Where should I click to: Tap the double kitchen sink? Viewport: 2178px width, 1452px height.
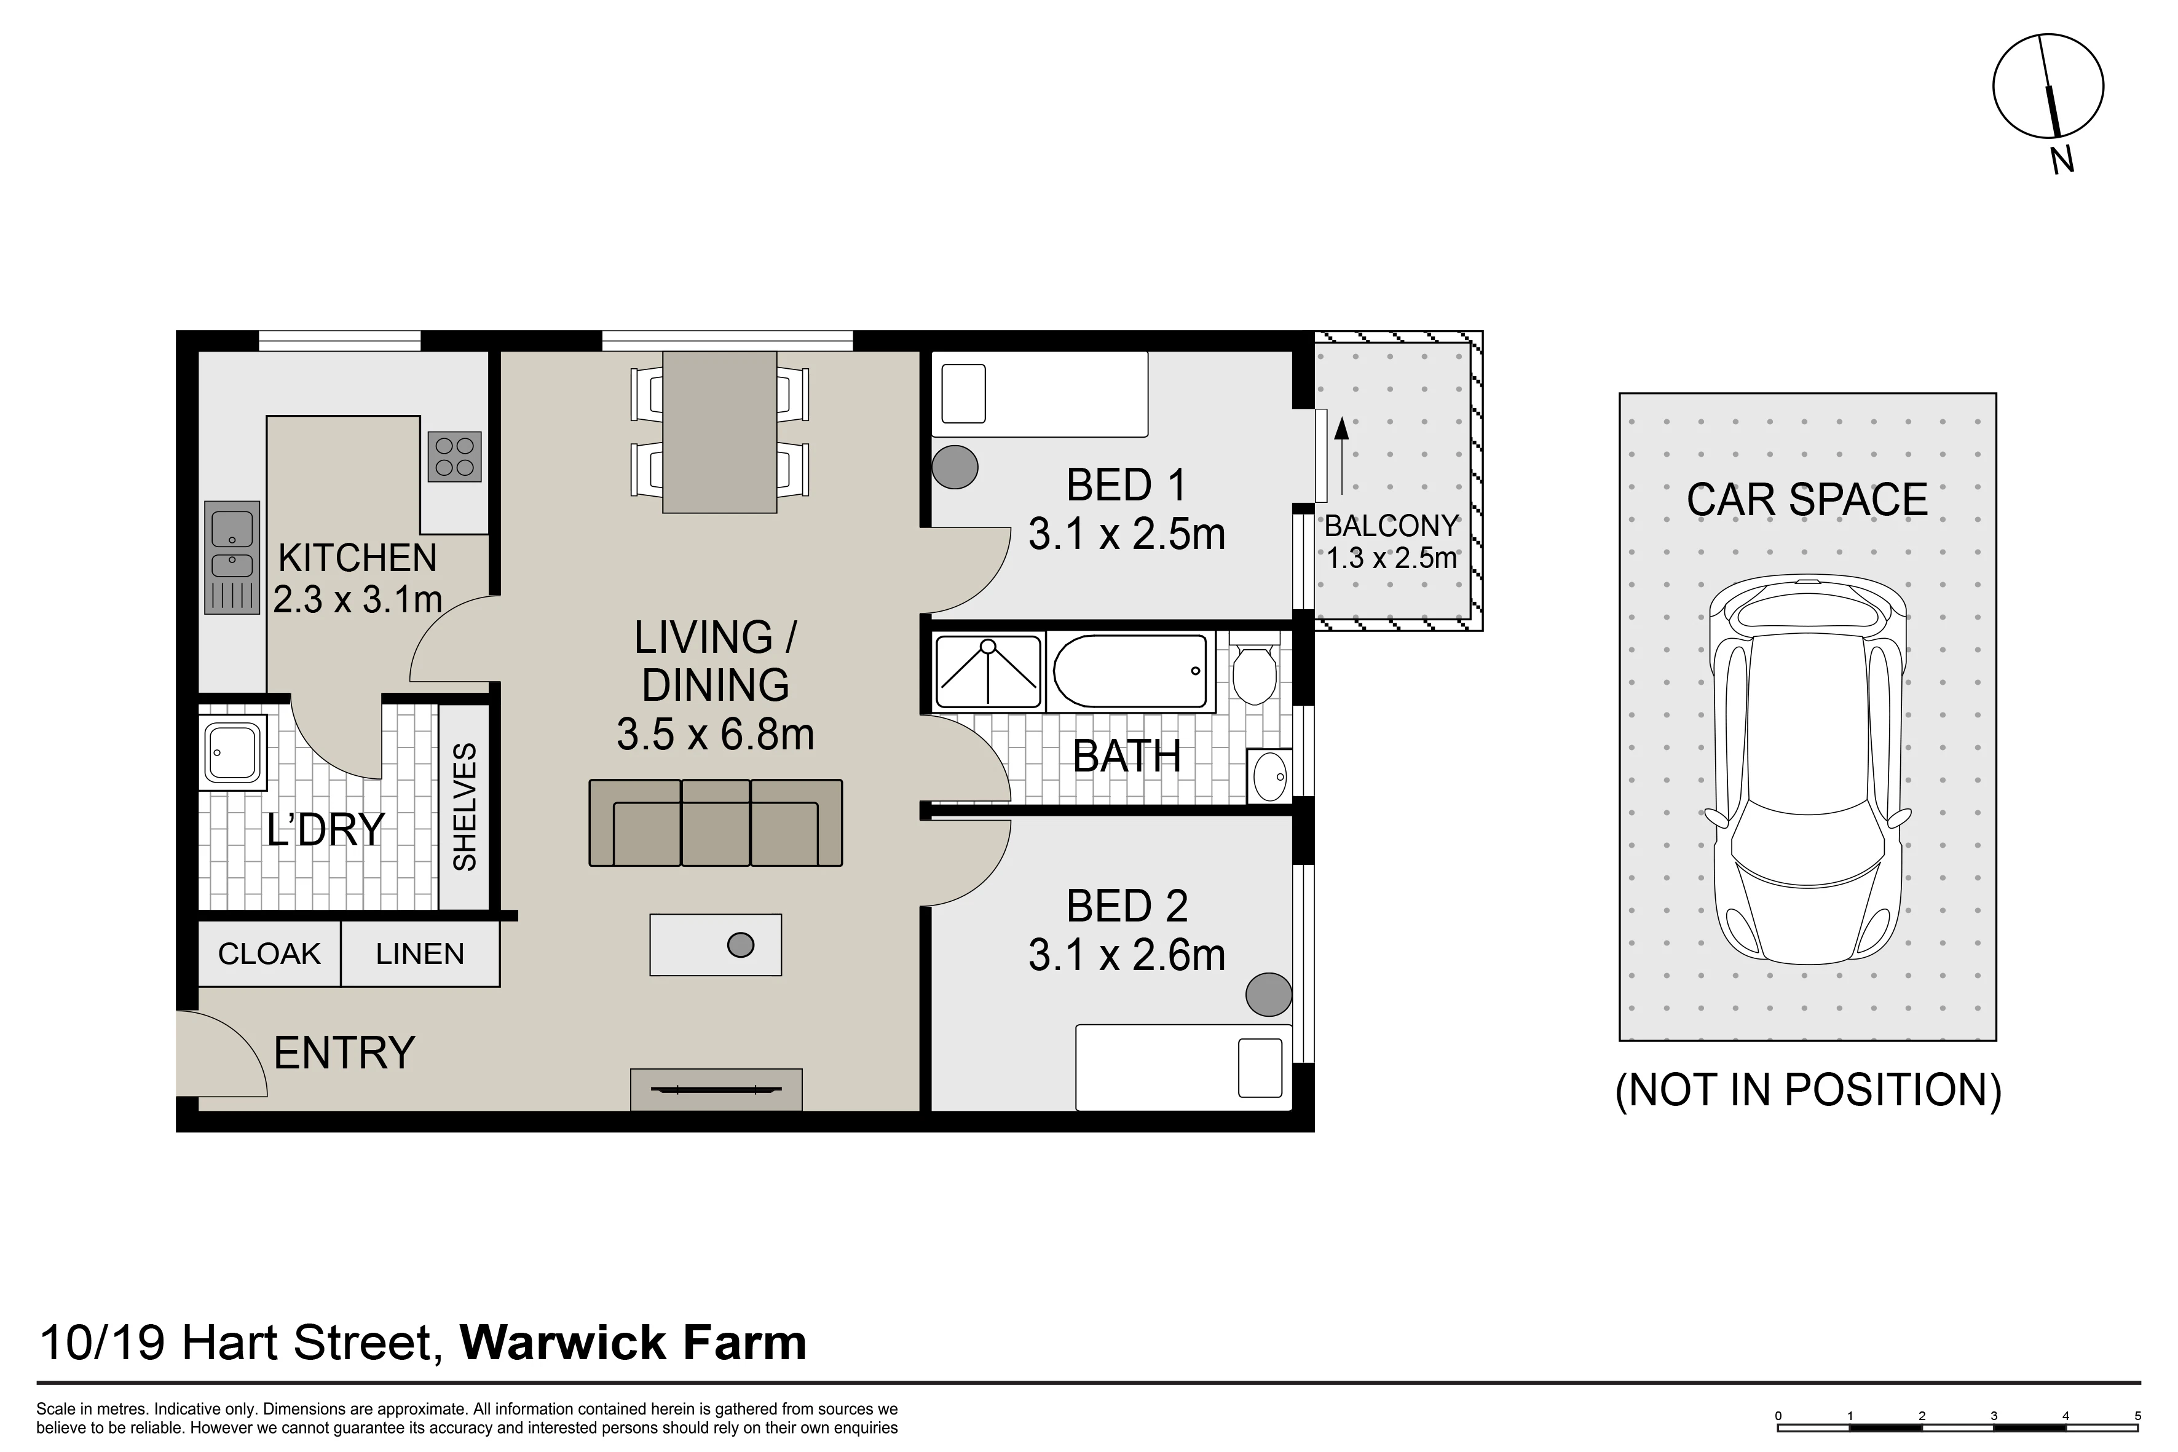tap(232, 558)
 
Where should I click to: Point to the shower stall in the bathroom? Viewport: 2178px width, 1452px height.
tap(989, 671)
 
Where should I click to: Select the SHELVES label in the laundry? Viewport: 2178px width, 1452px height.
tap(464, 807)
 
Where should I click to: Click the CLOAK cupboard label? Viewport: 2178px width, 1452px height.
tap(269, 954)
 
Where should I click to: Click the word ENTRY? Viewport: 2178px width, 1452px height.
tap(344, 1053)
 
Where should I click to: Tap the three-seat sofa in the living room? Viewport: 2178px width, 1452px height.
tap(716, 823)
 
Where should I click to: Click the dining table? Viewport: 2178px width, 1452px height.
tap(719, 432)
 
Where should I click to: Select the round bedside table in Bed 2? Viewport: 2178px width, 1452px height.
tap(1269, 995)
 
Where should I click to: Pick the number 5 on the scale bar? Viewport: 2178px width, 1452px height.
tap(2138, 1416)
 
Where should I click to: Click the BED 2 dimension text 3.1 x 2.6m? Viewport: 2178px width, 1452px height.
tap(1127, 955)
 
